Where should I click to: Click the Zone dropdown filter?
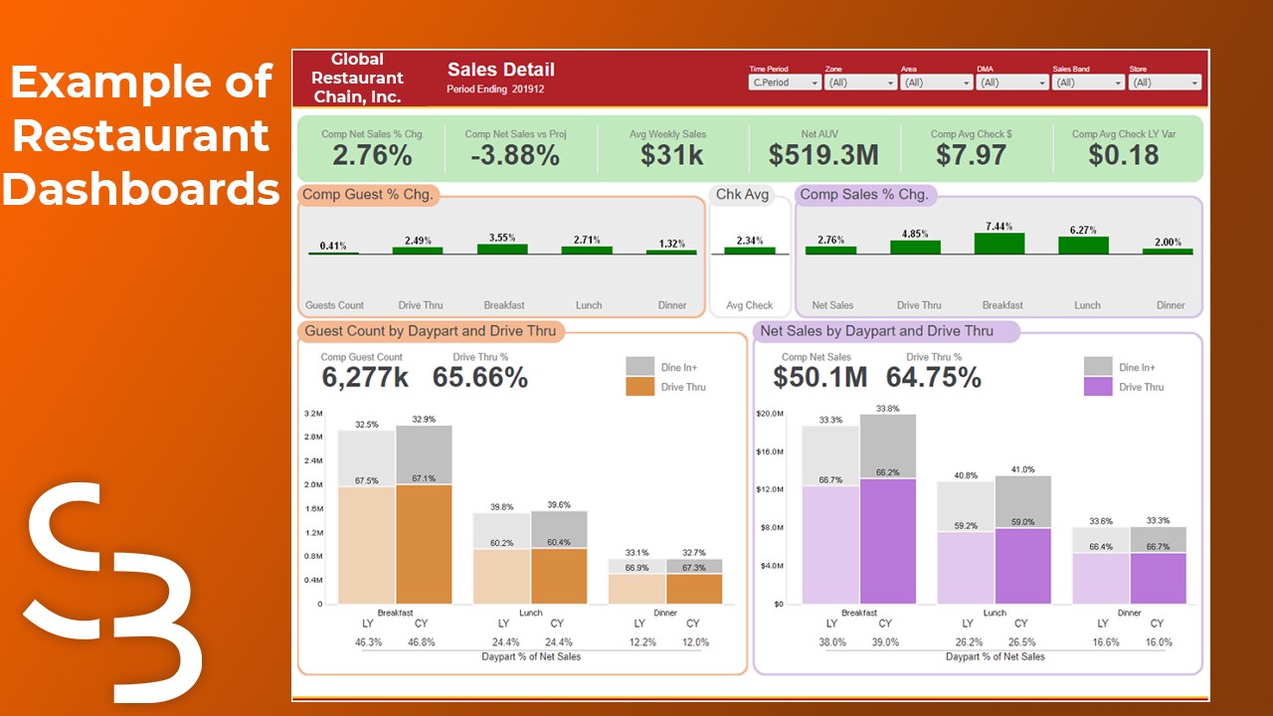[860, 83]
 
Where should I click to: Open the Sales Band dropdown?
[1088, 83]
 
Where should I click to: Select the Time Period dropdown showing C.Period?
[785, 83]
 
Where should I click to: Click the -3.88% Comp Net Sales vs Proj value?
[515, 155]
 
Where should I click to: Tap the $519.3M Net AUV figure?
[823, 155]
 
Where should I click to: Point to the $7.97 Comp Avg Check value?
[971, 155]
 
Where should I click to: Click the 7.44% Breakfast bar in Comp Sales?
[1000, 245]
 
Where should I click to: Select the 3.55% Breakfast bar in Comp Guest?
[502, 249]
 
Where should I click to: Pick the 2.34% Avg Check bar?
[749, 251]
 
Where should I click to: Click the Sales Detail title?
[500, 70]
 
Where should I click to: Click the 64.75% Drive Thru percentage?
[933, 377]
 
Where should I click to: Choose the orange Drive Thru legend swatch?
[640, 387]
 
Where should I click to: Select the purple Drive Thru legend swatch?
[1098, 387]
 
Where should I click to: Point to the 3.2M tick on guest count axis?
[312, 414]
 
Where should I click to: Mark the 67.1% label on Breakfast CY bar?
[424, 478]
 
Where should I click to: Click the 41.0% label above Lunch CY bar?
[1022, 469]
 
